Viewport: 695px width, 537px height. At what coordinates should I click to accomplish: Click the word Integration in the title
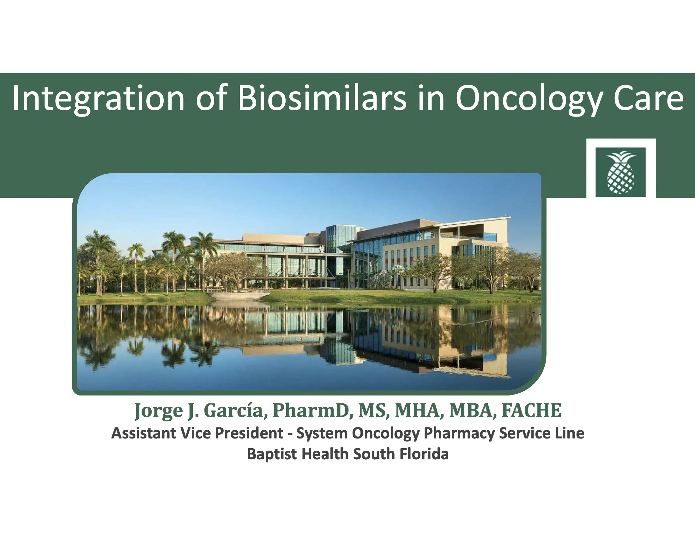click(98, 99)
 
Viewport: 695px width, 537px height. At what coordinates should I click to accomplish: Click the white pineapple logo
click(620, 172)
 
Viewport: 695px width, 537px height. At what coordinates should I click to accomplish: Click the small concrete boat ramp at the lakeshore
click(239, 296)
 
